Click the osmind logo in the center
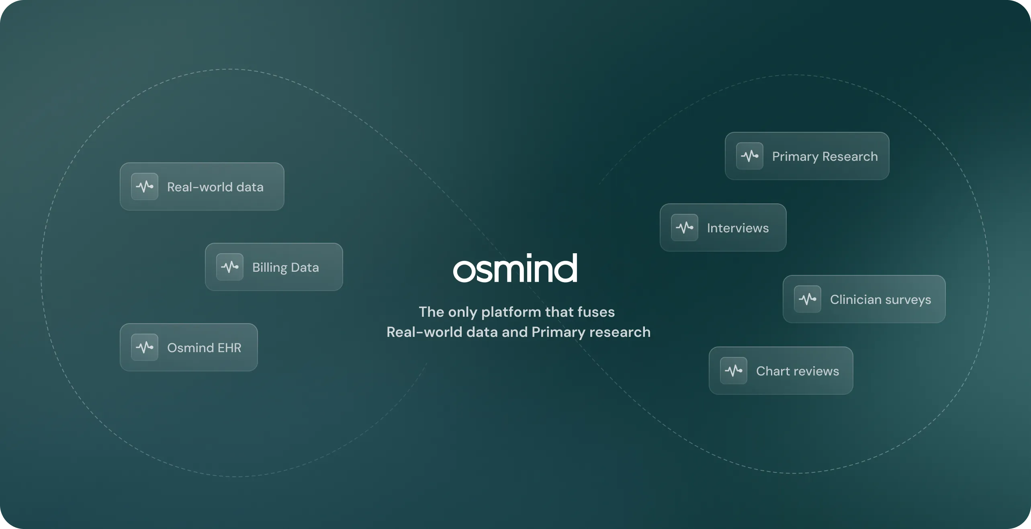tap(515, 269)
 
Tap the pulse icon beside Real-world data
tap(145, 187)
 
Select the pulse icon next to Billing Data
tap(230, 267)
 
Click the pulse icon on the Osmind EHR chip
tap(145, 347)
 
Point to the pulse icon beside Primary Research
tap(750, 156)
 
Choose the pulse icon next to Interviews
tap(685, 228)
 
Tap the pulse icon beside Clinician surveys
tap(808, 299)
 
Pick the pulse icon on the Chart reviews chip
tap(734, 371)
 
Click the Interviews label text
tap(738, 228)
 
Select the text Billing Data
tap(285, 267)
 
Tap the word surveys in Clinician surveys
tap(908, 300)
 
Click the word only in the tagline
tap(462, 312)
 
